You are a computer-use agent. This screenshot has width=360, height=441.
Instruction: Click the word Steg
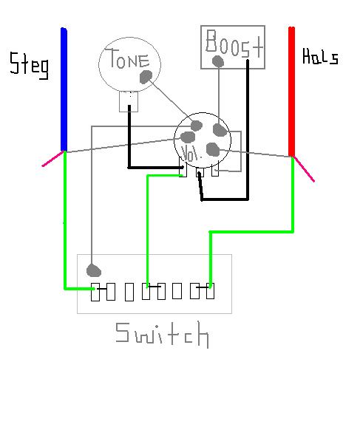point(29,65)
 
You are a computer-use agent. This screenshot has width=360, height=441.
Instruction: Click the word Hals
point(320,57)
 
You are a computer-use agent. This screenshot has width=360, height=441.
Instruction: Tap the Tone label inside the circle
point(127,58)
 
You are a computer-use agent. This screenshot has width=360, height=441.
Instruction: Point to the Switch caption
point(162,335)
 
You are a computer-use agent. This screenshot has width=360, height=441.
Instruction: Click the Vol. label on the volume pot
point(191,154)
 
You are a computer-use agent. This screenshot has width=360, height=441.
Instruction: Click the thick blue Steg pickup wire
point(64,89)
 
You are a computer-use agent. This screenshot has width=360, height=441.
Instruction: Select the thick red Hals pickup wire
point(291,92)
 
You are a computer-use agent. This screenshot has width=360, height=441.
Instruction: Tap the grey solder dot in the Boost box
point(218,61)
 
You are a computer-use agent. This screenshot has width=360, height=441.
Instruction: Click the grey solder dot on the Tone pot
point(146,77)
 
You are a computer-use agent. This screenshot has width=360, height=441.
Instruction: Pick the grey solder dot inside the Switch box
point(93,270)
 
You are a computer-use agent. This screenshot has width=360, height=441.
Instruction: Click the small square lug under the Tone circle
point(129,101)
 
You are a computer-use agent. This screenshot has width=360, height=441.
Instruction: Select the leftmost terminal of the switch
point(95,292)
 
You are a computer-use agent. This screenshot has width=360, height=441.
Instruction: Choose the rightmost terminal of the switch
point(210,291)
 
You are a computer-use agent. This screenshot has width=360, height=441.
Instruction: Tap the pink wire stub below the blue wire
point(52,159)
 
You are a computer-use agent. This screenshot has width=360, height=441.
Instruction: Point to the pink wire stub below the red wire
point(303,169)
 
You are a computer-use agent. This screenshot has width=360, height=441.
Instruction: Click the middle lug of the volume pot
point(200,172)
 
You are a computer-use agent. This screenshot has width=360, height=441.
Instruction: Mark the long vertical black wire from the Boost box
point(248,129)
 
